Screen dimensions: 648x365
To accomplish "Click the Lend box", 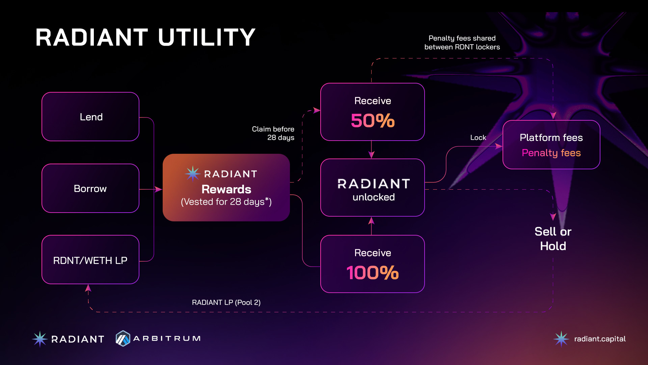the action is click(x=90, y=117).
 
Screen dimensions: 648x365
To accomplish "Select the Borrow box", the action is click(x=90, y=188).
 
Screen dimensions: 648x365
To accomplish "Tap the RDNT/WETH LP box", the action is click(x=90, y=260).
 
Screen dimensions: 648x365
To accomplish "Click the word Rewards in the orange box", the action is click(x=226, y=189).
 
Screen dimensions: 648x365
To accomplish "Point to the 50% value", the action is click(x=373, y=121).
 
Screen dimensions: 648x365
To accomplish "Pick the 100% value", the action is click(x=373, y=273).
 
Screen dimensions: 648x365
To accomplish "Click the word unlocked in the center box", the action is click(x=374, y=197).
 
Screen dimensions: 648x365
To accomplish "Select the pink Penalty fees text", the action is click(x=551, y=153).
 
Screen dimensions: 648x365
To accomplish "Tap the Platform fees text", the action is click(x=551, y=138).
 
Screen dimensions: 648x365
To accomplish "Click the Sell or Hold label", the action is click(x=553, y=239).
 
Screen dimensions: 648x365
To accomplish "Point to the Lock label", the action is click(x=478, y=138).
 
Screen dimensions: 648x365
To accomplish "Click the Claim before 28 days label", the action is click(x=273, y=133).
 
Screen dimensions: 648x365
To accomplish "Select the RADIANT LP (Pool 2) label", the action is click(x=226, y=302).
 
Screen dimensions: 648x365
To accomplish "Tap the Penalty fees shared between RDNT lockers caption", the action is click(x=462, y=43).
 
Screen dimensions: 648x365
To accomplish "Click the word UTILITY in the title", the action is click(x=207, y=37).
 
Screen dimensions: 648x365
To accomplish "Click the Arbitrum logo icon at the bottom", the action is click(x=123, y=338).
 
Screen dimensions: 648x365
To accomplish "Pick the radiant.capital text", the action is click(x=600, y=339).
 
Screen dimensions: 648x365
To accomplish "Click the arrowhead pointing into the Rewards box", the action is click(x=158, y=189).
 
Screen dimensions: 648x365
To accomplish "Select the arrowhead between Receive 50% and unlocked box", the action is click(x=371, y=155).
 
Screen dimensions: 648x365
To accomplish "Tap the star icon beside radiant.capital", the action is click(x=561, y=339).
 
